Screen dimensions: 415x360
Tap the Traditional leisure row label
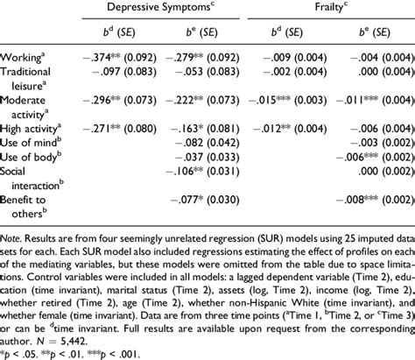point(32,76)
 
